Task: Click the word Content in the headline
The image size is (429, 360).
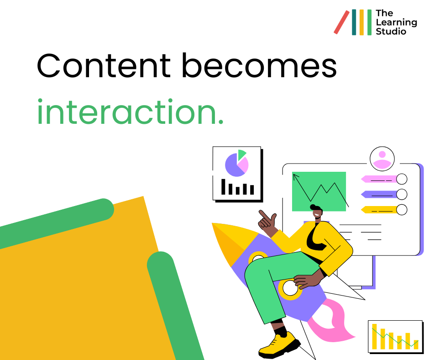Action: [x=104, y=66]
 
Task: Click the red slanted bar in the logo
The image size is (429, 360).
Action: [x=341, y=22]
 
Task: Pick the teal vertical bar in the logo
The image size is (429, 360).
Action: [x=354, y=22]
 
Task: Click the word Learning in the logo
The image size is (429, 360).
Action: [x=396, y=23]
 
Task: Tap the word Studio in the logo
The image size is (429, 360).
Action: [x=391, y=31]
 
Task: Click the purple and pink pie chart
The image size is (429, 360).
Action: [x=236, y=165]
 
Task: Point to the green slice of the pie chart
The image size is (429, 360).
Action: [x=241, y=154]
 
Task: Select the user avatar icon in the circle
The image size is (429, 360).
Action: [x=382, y=159]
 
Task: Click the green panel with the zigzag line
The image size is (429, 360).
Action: [x=319, y=191]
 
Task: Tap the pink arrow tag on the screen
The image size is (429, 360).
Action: [x=379, y=179]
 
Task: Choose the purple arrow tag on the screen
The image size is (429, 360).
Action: [x=379, y=195]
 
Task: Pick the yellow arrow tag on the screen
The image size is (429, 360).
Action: [x=379, y=210]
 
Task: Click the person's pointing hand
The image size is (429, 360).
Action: [x=267, y=221]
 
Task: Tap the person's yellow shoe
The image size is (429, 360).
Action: [x=279, y=344]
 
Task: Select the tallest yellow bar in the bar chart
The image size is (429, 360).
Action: [x=374, y=337]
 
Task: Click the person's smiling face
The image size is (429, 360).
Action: [x=317, y=212]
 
